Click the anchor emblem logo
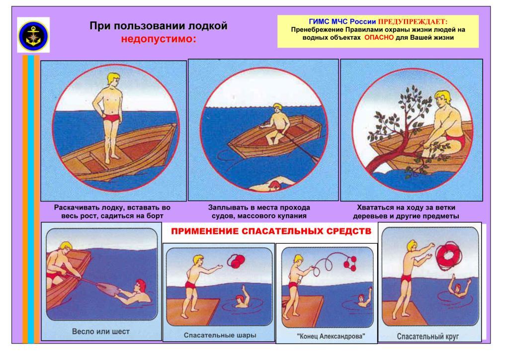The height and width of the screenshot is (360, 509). tap(33, 35)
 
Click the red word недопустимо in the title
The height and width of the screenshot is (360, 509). tap(159, 39)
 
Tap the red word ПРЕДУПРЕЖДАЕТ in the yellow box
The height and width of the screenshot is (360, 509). tap(413, 22)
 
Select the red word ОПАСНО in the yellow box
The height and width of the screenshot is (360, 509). tap(379, 37)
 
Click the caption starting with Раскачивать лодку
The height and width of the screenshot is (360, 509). tap(112, 212)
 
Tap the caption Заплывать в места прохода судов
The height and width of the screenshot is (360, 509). tap(259, 212)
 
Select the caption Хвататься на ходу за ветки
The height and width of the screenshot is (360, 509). tap(406, 212)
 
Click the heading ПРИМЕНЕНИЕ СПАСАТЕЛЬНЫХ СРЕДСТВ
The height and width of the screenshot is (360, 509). tap(271, 231)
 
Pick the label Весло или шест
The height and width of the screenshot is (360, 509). tap(100, 332)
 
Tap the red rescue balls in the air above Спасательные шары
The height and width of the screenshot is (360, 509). tap(236, 261)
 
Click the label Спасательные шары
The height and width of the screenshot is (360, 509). tap(220, 335)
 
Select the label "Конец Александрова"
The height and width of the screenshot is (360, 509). tap(331, 336)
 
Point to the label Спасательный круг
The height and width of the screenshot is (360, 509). tap(428, 336)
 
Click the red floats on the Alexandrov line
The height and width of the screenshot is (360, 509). tap(349, 263)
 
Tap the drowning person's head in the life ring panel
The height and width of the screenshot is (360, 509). tap(458, 288)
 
